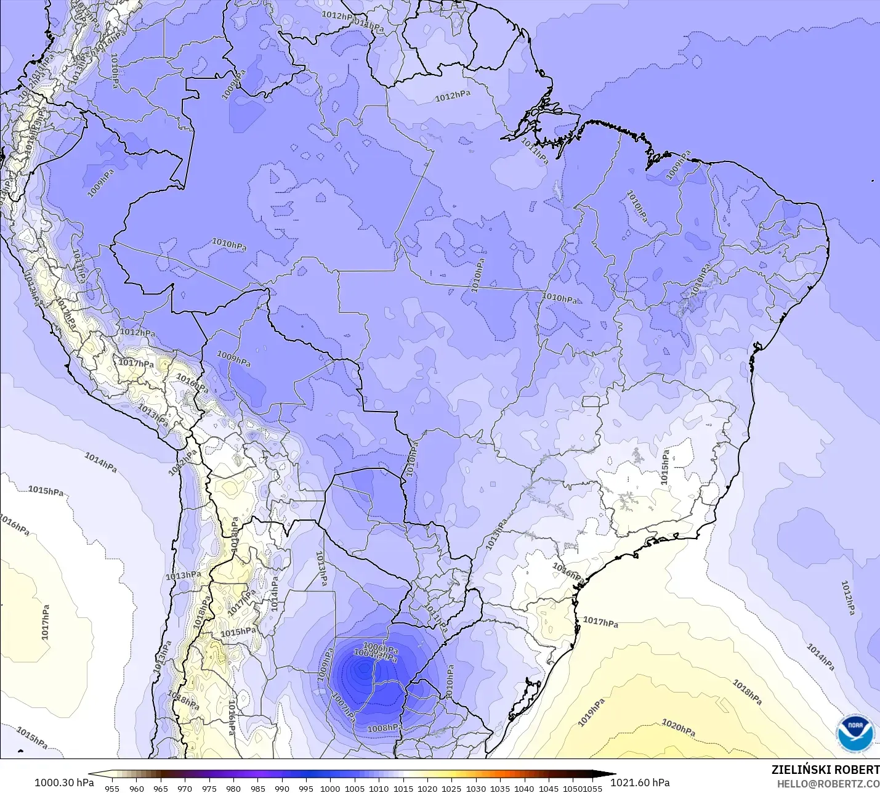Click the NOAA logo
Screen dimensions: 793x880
pos(855,733)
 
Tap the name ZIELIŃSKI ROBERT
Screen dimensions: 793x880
pos(825,770)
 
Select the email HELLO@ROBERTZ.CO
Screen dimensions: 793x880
pos(828,784)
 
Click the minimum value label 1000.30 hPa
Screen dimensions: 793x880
pos(64,783)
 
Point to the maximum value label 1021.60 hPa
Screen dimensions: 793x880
pos(640,783)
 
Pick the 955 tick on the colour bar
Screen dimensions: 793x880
pos(112,788)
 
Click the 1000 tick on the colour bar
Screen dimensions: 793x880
pos(330,788)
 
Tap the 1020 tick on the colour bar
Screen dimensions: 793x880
pos(427,788)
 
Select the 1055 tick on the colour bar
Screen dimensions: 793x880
pos(592,788)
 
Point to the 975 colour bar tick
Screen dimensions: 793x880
pos(209,788)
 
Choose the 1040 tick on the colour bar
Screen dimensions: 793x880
pos(524,788)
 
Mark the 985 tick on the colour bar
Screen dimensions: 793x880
pos(257,788)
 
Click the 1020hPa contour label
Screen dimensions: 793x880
pos(678,728)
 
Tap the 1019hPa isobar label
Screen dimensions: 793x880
pos(591,712)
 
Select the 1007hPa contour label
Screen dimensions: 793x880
pos(344,708)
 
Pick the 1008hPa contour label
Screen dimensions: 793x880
pos(385,728)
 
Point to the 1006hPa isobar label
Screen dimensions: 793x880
pos(381,648)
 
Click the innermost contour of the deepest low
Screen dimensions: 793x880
pos(363,668)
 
